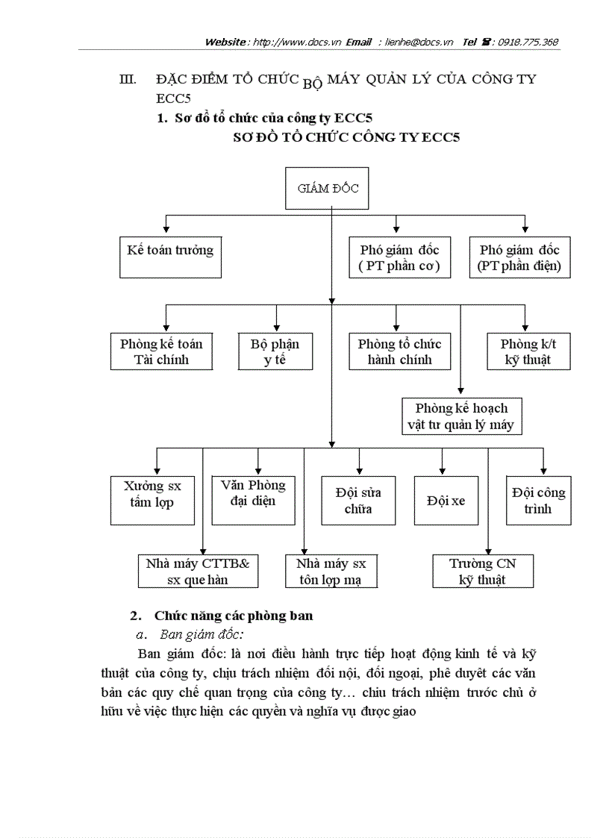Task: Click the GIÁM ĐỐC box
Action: coord(328,189)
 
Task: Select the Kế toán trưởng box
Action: coord(170,257)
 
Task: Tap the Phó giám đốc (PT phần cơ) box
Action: coord(399,257)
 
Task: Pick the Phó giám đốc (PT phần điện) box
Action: coord(519,257)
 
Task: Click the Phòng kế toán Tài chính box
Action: coord(161,351)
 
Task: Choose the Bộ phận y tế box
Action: coord(275,351)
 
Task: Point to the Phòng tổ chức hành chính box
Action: coord(399,351)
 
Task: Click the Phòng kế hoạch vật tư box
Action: coord(460,416)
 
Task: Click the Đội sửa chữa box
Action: coord(358,501)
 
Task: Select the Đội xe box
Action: coord(446,501)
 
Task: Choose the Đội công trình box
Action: coord(538,501)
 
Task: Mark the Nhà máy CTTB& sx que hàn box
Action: coord(198,571)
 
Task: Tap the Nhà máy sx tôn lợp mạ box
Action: coord(331,571)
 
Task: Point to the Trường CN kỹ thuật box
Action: coord(482,571)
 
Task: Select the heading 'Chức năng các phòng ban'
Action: coord(234,616)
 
